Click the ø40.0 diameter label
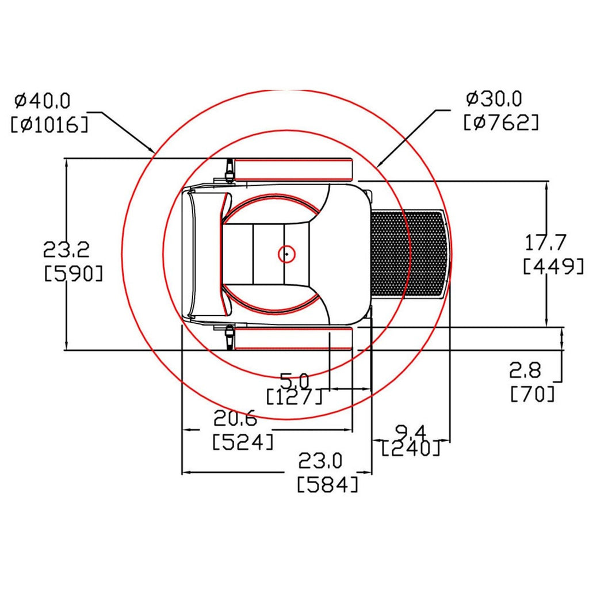point(43,101)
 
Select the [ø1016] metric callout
point(49,124)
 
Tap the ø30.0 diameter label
point(494,99)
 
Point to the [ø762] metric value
point(501,122)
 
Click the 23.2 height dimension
point(67,249)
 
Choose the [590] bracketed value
point(73,273)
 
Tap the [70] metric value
point(533,393)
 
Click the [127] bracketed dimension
point(294,396)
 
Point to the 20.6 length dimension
point(235,418)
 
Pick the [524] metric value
point(243,442)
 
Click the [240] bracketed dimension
point(411,448)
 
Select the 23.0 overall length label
point(320,461)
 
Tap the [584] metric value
point(328,484)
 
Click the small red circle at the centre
point(286,254)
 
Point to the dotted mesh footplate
point(410,254)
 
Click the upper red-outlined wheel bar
point(293,170)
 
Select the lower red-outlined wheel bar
point(293,338)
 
